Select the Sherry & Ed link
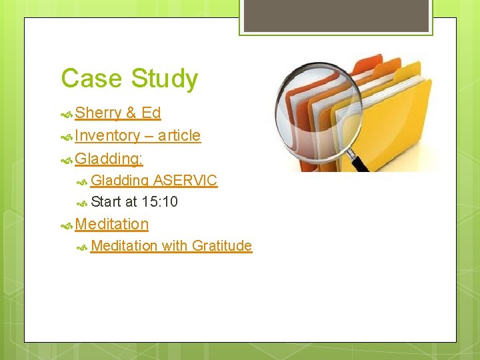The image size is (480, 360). point(118,113)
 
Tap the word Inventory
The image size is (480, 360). point(107,135)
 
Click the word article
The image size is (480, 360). point(179,135)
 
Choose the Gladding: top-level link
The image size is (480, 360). point(109,159)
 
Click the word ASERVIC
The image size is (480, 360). point(185,181)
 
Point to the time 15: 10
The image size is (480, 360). point(160,201)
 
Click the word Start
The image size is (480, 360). point(106,201)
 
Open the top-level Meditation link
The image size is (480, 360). point(112,224)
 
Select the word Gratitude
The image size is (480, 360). point(222,245)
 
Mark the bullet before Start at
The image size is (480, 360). point(83,202)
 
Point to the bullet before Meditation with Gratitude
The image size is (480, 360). point(83,247)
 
